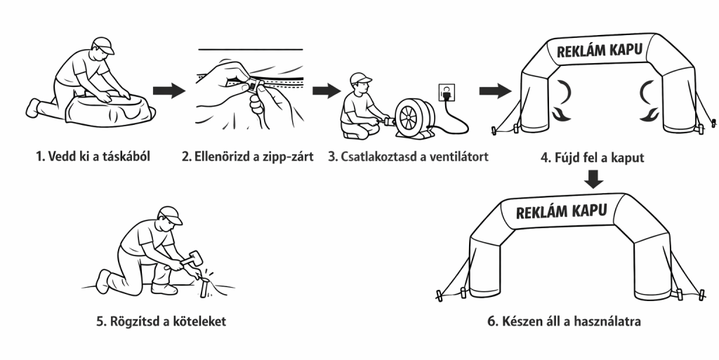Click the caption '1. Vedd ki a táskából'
pos(93,156)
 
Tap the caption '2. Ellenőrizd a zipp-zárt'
pos(248,156)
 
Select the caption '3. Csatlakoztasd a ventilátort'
pos(408,156)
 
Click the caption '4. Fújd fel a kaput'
pos(593,158)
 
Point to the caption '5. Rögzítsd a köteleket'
pos(161,321)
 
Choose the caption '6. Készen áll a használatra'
pos(564,321)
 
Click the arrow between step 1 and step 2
pos(169,91)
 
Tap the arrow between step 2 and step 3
pos(327,91)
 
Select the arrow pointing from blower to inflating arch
pos(495,91)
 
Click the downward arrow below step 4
pos(594,179)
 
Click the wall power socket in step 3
pos(447,92)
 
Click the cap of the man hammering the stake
pos(171,215)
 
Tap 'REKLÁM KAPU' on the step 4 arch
pos(600,49)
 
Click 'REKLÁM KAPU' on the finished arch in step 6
pos(561,211)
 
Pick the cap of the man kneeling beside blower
pos(360,79)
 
